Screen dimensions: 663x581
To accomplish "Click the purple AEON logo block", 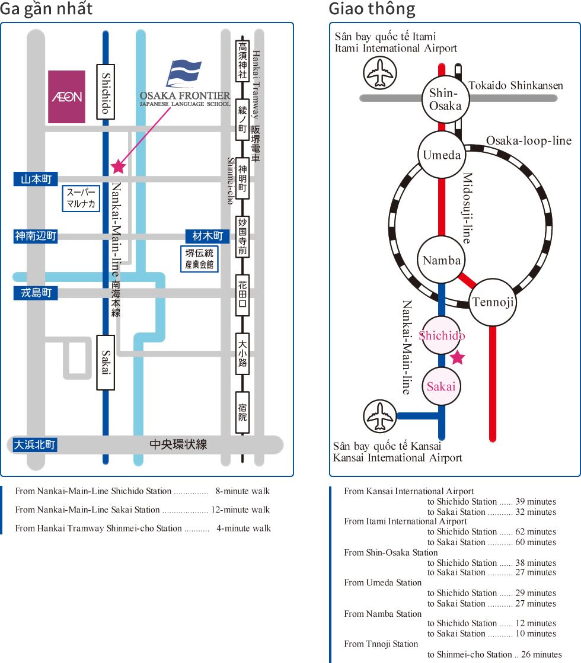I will [66, 97].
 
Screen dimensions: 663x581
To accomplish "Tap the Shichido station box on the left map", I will [106, 92].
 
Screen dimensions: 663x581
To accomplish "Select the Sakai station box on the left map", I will [106, 362].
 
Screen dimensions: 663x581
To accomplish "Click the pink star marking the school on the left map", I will [118, 166].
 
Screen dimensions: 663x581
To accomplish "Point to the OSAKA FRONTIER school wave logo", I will [184, 73].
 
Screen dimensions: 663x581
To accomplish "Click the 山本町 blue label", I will [36, 179].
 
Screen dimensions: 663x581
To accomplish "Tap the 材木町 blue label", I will [207, 236].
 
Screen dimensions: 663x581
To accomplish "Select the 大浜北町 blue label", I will [34, 444].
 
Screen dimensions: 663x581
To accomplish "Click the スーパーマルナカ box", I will [81, 198].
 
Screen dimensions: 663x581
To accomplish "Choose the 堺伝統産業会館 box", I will [199, 259].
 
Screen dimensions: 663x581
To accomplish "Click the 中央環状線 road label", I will [178, 444].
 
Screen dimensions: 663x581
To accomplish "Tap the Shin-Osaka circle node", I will [445, 99].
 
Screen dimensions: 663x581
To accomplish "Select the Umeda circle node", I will [442, 155].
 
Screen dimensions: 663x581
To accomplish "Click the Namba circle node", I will [442, 260].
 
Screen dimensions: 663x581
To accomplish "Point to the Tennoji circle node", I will [493, 302].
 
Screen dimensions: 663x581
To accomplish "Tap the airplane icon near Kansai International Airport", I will [379, 416].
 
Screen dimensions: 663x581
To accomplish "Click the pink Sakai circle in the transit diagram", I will [442, 386].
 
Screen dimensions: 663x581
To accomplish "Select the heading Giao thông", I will [372, 9].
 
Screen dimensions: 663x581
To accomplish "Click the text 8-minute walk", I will [242, 491].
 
